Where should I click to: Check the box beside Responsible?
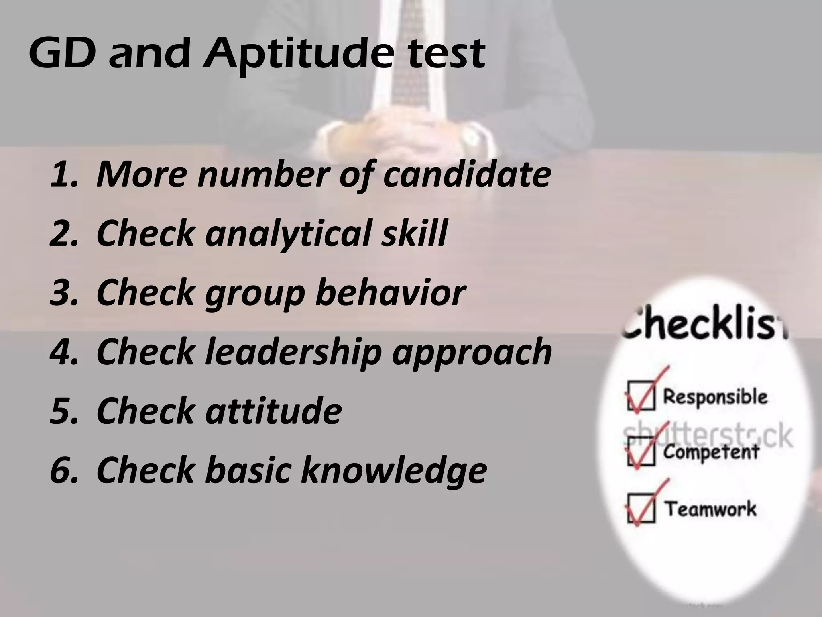[641, 396]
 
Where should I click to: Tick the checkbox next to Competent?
[641, 452]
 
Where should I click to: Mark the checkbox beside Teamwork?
[641, 509]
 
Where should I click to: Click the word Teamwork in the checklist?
[711, 509]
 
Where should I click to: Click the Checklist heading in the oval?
[704, 325]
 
